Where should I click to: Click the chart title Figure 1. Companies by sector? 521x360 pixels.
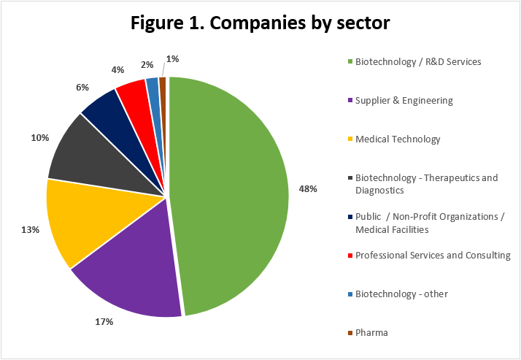[260, 22]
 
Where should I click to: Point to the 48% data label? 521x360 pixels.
[308, 188]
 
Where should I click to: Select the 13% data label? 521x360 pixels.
[30, 229]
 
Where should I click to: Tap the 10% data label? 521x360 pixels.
[39, 137]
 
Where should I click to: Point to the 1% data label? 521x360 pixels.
[173, 58]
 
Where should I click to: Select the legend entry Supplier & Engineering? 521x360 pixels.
[404, 100]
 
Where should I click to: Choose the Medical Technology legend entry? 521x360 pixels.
[398, 139]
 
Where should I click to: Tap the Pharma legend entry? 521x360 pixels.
[371, 332]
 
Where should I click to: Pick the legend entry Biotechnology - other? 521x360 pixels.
[401, 294]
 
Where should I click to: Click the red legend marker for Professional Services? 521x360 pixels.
[350, 256]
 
